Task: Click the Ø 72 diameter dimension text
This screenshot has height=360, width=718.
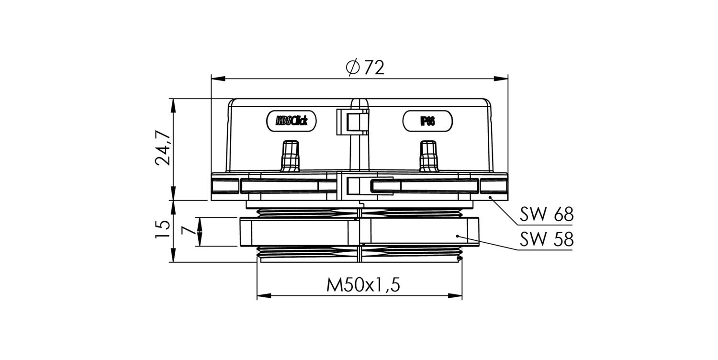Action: click(x=365, y=67)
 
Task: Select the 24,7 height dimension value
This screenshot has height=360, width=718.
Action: click(x=163, y=148)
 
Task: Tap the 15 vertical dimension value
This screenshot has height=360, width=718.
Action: click(x=162, y=229)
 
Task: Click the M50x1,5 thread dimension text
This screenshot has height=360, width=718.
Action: click(x=363, y=285)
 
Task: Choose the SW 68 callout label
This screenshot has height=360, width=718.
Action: click(x=546, y=214)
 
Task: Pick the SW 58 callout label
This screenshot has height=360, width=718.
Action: click(x=546, y=239)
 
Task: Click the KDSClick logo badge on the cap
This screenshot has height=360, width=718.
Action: click(x=292, y=121)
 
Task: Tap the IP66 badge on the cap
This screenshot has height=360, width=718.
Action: click(x=427, y=121)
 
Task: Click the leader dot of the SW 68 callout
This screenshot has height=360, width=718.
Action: click(x=490, y=197)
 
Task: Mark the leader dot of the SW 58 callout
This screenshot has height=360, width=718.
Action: click(x=458, y=236)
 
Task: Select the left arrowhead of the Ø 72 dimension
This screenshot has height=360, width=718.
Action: click(x=218, y=79)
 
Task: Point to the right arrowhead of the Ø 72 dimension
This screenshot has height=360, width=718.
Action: click(x=501, y=79)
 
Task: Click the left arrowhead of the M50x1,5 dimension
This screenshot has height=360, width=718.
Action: click(x=264, y=295)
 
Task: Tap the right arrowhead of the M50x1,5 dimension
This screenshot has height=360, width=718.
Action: click(x=455, y=295)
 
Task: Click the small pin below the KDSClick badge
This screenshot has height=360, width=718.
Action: click(x=290, y=156)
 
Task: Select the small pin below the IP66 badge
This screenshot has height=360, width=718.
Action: click(x=429, y=156)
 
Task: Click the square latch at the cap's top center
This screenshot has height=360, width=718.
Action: click(x=353, y=122)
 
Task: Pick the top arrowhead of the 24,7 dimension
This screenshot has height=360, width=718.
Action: click(x=173, y=105)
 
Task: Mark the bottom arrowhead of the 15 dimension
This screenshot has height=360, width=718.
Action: click(x=173, y=255)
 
